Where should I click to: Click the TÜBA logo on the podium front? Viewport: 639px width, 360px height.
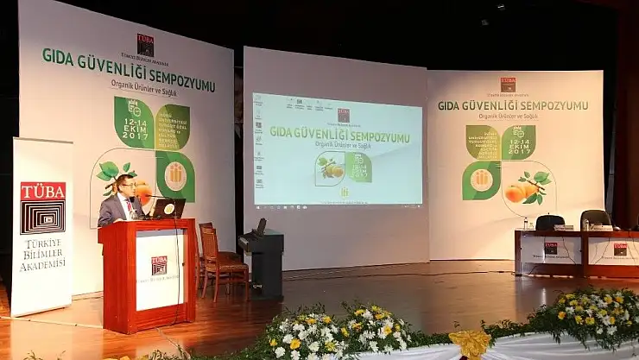pyautogui.click(x=159, y=265)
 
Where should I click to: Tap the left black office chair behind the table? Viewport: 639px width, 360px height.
pyautogui.click(x=549, y=222)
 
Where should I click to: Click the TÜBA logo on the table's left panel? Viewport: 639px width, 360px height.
pyautogui.click(x=550, y=249)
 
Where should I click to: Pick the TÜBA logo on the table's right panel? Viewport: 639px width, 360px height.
pyautogui.click(x=620, y=249)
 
